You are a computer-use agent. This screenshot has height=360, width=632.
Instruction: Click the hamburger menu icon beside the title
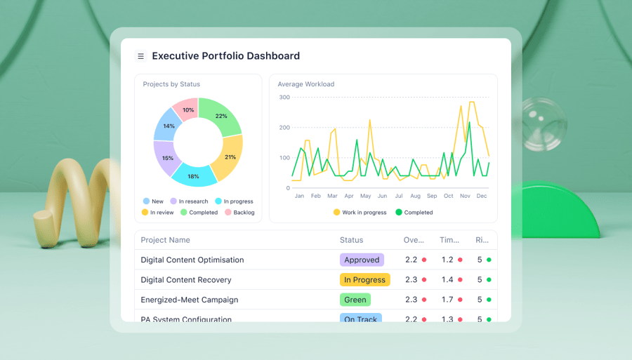point(140,56)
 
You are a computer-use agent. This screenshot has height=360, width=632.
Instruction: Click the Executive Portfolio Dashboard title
point(225,56)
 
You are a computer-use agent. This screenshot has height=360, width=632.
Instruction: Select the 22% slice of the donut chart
point(222,116)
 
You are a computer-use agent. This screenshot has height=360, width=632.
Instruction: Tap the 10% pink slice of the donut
point(187,110)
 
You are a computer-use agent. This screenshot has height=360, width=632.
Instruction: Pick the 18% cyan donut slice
point(194,175)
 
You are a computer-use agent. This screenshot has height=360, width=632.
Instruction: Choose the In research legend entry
point(189,201)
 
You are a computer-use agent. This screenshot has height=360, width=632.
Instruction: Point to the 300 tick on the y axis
point(284,97)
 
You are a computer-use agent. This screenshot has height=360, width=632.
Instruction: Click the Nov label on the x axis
point(465,196)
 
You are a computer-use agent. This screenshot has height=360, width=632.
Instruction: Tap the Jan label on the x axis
point(299,196)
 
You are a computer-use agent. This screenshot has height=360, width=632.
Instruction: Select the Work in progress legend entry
point(360,212)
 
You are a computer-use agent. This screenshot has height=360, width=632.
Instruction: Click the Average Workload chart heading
point(305,84)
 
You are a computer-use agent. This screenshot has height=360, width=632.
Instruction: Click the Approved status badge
point(362,260)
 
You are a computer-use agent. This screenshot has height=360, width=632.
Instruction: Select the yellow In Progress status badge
point(364,279)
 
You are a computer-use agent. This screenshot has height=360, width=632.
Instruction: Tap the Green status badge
point(355,300)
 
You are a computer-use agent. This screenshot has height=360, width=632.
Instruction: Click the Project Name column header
point(165,240)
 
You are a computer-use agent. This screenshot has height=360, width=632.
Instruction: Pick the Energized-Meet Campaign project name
point(189,300)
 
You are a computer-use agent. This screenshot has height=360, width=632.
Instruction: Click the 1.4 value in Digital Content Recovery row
point(447,279)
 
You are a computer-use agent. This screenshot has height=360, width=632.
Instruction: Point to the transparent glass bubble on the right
point(542,124)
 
